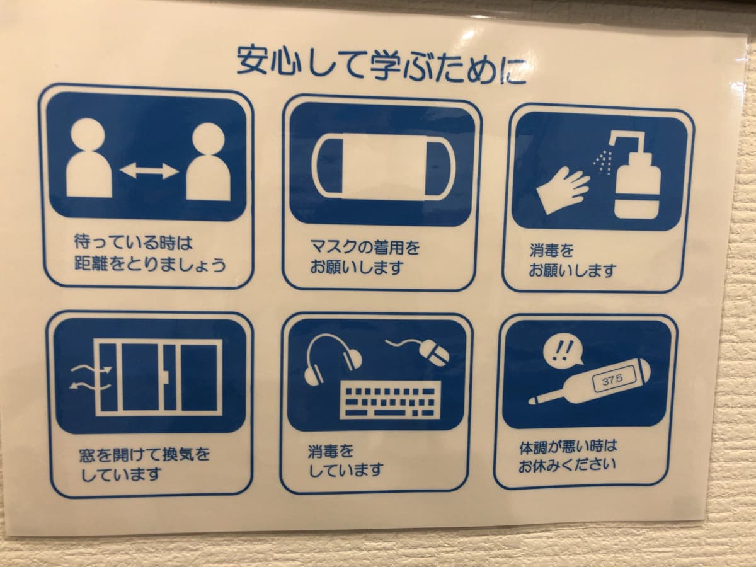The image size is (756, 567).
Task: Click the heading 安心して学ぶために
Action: click(x=381, y=66)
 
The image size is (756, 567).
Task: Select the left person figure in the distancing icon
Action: click(x=89, y=157)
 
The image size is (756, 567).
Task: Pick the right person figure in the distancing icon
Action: click(x=208, y=161)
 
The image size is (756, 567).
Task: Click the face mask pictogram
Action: click(x=383, y=168)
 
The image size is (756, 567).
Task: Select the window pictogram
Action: click(x=158, y=377)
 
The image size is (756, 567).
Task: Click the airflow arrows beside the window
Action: click(x=91, y=377)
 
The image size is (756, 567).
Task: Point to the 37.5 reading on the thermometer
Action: click(x=612, y=380)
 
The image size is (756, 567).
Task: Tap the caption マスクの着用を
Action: click(x=365, y=248)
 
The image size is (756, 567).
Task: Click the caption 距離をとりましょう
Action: click(x=150, y=265)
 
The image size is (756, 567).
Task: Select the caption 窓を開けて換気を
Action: click(x=144, y=455)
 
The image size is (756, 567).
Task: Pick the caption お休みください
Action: click(x=567, y=466)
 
